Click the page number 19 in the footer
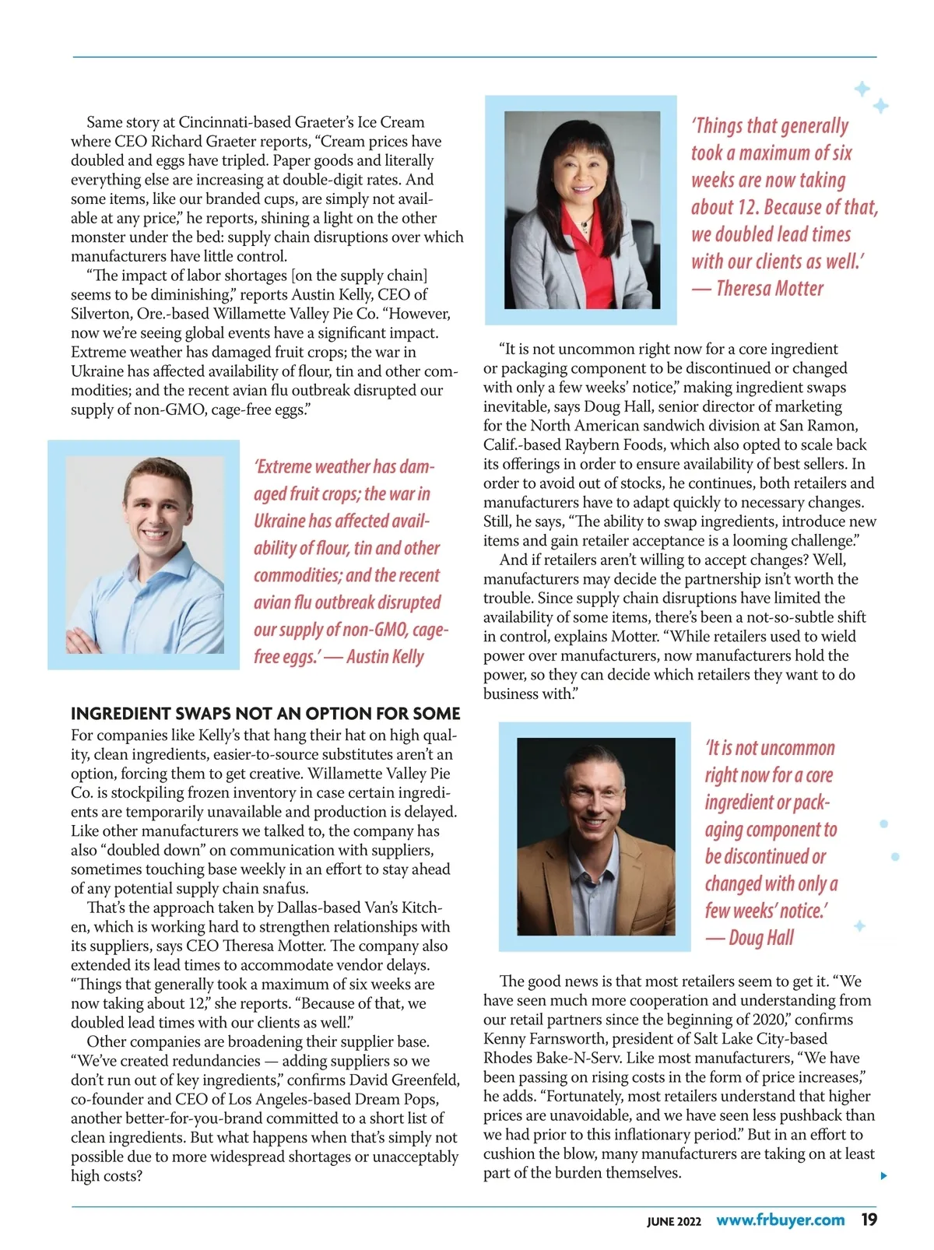click(x=869, y=1220)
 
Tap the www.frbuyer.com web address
click(x=780, y=1220)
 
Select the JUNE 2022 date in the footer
click(x=673, y=1221)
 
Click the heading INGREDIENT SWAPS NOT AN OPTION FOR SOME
click(x=265, y=714)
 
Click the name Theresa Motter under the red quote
click(x=769, y=289)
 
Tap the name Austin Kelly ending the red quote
click(x=385, y=657)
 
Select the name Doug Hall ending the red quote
click(x=760, y=938)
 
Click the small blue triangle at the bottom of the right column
click(x=883, y=1175)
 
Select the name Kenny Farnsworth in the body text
click(x=549, y=1038)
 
